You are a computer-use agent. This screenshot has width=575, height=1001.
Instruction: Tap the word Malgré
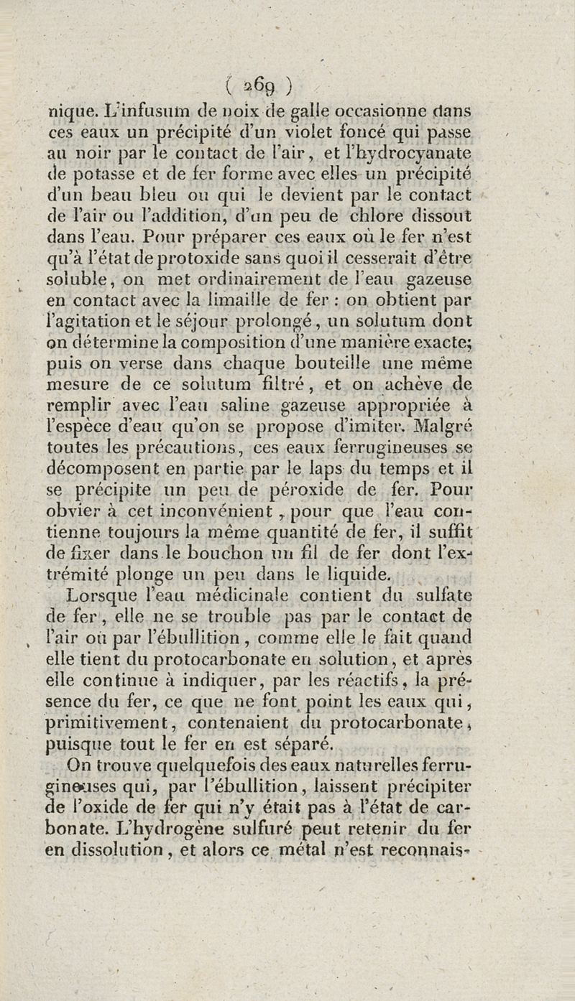441,425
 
